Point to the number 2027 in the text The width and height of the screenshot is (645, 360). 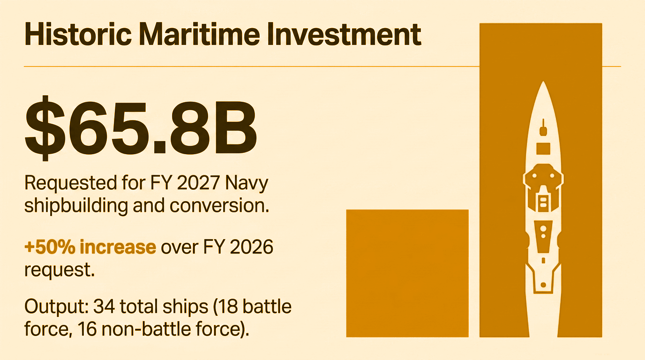click(x=196, y=183)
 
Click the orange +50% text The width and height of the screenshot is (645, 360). click(x=49, y=247)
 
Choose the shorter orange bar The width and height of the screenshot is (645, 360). click(x=407, y=273)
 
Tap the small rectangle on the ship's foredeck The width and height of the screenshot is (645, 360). click(x=543, y=148)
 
